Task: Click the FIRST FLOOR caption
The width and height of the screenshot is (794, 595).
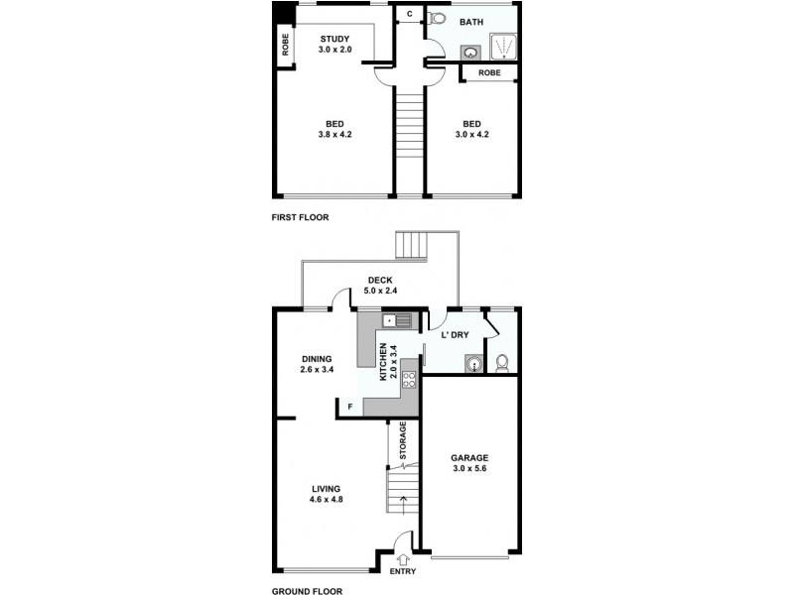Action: click(300, 216)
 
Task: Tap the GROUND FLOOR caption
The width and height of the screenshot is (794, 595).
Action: click(307, 591)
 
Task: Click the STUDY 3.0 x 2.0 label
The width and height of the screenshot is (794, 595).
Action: click(333, 44)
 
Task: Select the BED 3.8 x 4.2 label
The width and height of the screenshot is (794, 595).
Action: click(334, 128)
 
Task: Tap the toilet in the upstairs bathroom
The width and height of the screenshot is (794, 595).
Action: click(438, 18)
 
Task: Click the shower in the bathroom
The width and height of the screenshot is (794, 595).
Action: click(503, 46)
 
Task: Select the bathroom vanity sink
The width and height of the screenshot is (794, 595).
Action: click(469, 54)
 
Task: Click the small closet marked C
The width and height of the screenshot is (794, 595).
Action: click(409, 14)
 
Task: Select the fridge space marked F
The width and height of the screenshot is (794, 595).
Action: click(348, 407)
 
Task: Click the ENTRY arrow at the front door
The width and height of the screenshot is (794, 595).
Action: click(403, 558)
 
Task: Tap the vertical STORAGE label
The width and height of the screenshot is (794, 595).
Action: click(403, 441)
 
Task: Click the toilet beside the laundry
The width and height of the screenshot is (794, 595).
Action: click(502, 363)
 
